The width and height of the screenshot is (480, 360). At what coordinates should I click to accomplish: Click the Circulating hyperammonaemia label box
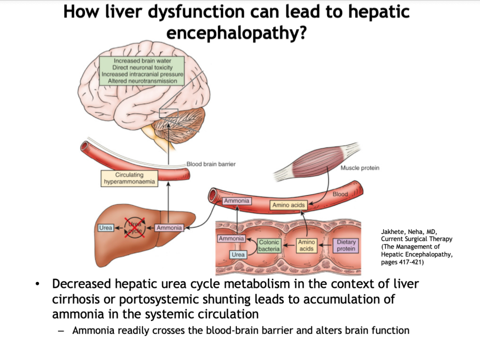[x=129, y=178]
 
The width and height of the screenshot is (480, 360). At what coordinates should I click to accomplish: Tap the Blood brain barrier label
[x=211, y=164]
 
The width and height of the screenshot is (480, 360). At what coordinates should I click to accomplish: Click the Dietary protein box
[x=346, y=245]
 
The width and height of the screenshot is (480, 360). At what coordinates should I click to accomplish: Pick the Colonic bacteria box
[x=269, y=245]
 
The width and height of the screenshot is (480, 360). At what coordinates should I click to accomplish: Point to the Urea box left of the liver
[x=105, y=228]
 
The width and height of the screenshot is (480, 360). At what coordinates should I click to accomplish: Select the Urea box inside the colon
[x=238, y=255]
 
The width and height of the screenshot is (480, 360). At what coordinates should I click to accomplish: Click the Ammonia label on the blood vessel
[x=236, y=200]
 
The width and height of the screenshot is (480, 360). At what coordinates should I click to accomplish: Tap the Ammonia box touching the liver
[x=169, y=228]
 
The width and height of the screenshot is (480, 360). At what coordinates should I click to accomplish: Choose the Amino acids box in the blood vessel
[x=288, y=205]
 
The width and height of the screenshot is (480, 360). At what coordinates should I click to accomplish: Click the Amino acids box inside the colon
[x=306, y=245]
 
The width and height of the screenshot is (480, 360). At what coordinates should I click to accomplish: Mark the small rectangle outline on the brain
[x=168, y=113]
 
